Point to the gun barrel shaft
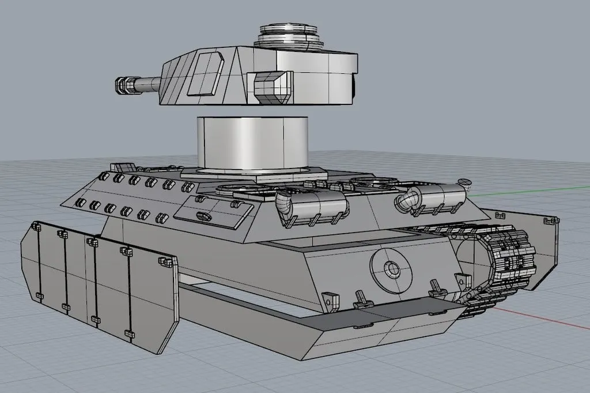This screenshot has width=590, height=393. click(147, 85)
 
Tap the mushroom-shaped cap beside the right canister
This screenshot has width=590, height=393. click(465, 182)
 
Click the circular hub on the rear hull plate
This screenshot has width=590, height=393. click(392, 269)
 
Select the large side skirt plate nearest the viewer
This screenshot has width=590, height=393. click(98, 283)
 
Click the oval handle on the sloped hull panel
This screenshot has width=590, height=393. click(203, 215)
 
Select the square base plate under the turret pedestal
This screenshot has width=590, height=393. click(254, 172)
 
